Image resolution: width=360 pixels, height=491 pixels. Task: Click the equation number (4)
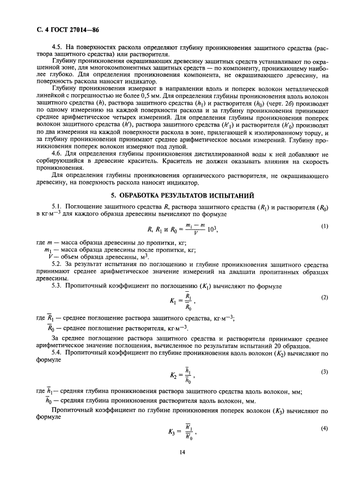point(325,427)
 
